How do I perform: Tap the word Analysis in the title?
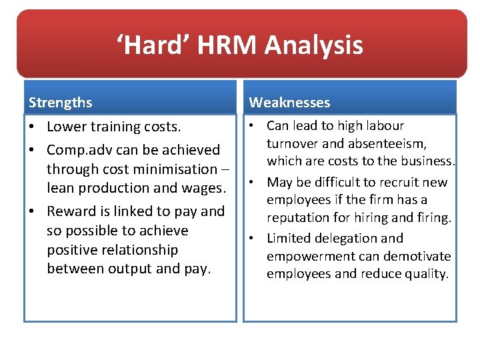[x=314, y=45]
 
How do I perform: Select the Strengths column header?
[x=61, y=103]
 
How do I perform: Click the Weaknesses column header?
[x=289, y=102]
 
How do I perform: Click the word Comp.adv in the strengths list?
[x=77, y=150]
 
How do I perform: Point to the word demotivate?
[x=416, y=256]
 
